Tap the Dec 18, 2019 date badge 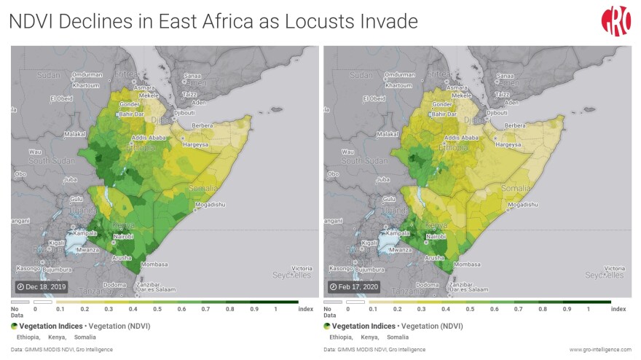click(x=42, y=286)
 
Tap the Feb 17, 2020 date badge click(x=354, y=286)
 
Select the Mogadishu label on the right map click(x=522, y=206)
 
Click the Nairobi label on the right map click(x=436, y=237)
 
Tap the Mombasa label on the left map click(x=155, y=264)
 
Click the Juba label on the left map click(x=71, y=179)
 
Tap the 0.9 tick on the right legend click(x=565, y=309)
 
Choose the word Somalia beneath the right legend click(x=398, y=337)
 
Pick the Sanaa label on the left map click(x=193, y=76)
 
